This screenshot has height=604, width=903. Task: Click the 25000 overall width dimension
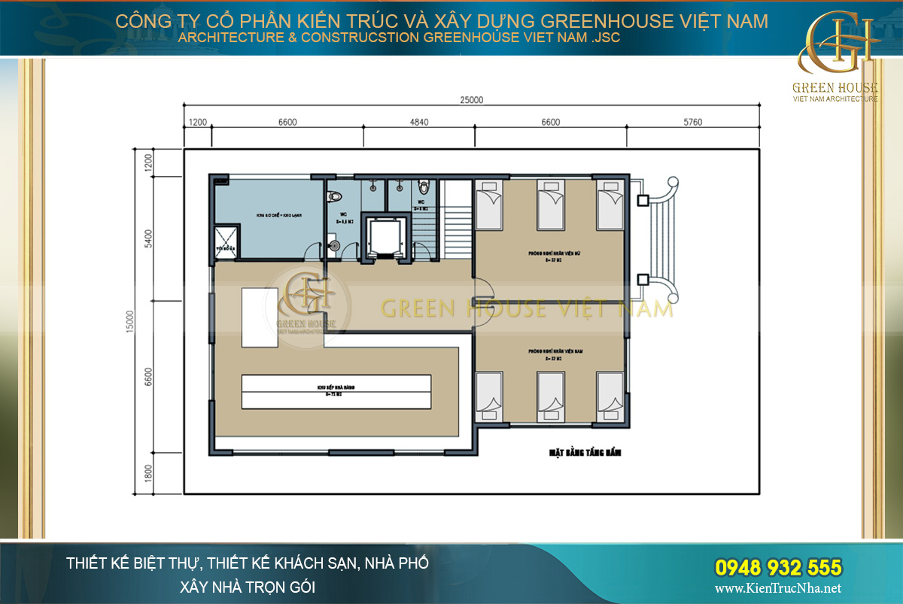click(x=471, y=99)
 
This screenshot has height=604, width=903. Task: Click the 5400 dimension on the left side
click(x=148, y=240)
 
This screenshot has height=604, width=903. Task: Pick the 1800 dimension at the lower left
click(x=148, y=473)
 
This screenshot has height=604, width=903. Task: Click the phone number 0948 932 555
click(x=777, y=566)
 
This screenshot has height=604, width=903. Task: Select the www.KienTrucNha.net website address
click(x=778, y=588)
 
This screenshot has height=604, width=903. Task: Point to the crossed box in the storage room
click(x=227, y=241)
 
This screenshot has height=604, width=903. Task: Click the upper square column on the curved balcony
click(x=643, y=200)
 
